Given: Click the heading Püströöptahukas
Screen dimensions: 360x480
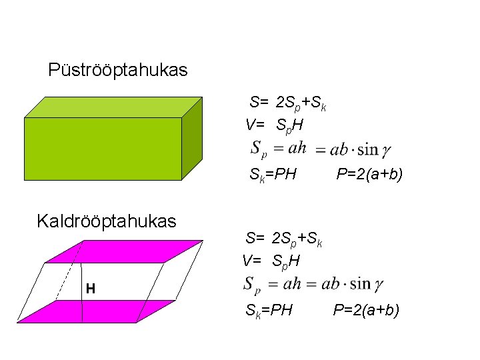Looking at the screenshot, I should click(118, 69).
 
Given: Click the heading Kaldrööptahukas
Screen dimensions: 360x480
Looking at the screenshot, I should click(107, 221).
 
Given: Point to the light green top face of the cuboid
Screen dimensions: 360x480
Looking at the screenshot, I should click(113, 107).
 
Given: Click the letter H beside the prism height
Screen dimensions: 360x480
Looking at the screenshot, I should click(90, 289).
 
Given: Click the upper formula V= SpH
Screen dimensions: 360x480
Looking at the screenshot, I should click(274, 125).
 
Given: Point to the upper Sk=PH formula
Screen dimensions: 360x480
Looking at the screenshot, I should click(273, 176).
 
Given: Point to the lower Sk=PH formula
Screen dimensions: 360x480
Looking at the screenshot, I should click(269, 310).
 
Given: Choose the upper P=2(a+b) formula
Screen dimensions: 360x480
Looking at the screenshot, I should click(369, 175).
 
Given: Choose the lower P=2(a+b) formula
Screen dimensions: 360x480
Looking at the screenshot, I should click(366, 309).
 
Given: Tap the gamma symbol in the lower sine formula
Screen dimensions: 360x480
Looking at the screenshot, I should click(378, 285).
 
